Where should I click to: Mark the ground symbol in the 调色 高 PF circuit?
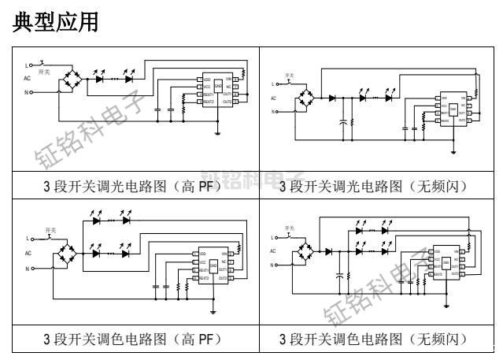[214, 310]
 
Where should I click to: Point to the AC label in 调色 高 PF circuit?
[30, 253]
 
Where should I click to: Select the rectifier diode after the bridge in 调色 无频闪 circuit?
[330, 251]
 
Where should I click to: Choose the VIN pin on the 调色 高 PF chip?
[224, 254]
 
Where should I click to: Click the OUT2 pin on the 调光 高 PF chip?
[227, 102]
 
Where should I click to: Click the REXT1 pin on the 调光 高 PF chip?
[207, 95]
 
